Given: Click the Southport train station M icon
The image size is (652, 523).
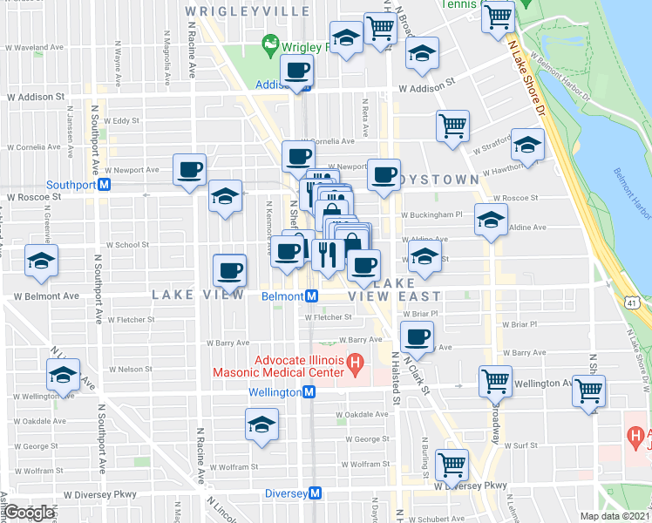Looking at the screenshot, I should click(104, 185).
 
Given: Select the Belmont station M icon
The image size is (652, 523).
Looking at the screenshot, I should click(311, 296).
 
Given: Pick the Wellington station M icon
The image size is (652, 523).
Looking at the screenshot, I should click(309, 393).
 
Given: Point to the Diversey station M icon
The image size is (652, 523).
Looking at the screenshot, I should click(316, 492).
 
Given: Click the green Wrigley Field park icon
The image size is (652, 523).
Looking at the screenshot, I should click(268, 43).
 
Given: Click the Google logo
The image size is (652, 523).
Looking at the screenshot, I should click(29, 513).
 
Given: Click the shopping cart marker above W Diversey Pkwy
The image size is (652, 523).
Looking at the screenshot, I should click(452, 465).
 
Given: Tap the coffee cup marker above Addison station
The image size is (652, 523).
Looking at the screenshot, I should click(295, 69).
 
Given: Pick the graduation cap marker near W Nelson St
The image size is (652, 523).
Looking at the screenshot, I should click(63, 375).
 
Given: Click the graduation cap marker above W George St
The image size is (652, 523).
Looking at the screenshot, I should click(261, 425).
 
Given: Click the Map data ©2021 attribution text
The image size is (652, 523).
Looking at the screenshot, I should click(615, 516).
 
